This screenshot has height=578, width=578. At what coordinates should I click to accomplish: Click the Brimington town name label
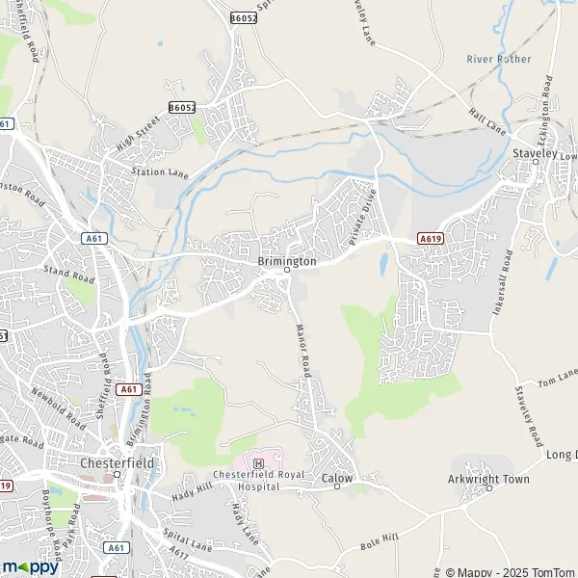287,261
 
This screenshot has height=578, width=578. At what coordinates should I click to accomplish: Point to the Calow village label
337,478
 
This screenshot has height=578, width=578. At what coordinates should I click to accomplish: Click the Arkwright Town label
489,478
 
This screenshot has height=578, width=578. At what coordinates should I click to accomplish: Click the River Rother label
499,59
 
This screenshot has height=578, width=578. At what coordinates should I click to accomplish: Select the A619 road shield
430,238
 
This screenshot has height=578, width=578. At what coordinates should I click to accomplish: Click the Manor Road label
302,352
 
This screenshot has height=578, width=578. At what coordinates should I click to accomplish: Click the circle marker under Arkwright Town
488,488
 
